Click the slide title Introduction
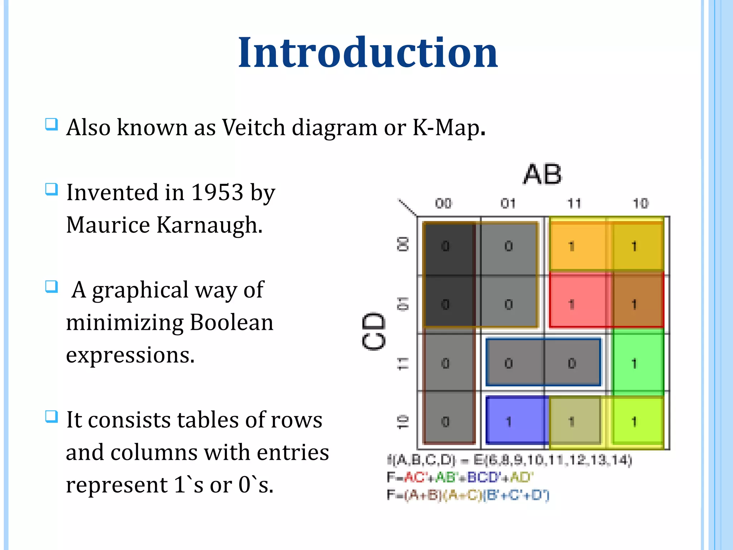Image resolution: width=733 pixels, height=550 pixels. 368,53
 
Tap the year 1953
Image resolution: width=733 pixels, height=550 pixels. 217,193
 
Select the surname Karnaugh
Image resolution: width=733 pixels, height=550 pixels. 209,225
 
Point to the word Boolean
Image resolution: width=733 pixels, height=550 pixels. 231,322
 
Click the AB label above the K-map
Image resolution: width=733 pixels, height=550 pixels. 542,174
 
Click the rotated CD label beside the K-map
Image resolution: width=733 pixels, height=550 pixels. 373,331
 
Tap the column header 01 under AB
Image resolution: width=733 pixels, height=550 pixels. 508,203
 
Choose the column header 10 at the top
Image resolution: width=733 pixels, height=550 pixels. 640,203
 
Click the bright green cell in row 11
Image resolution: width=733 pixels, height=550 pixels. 637,362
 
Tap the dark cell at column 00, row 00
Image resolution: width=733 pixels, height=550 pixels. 447,247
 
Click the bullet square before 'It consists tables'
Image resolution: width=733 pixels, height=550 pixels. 51,416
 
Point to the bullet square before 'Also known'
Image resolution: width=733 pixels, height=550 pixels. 51,125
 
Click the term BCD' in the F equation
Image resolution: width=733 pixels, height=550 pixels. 484,477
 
